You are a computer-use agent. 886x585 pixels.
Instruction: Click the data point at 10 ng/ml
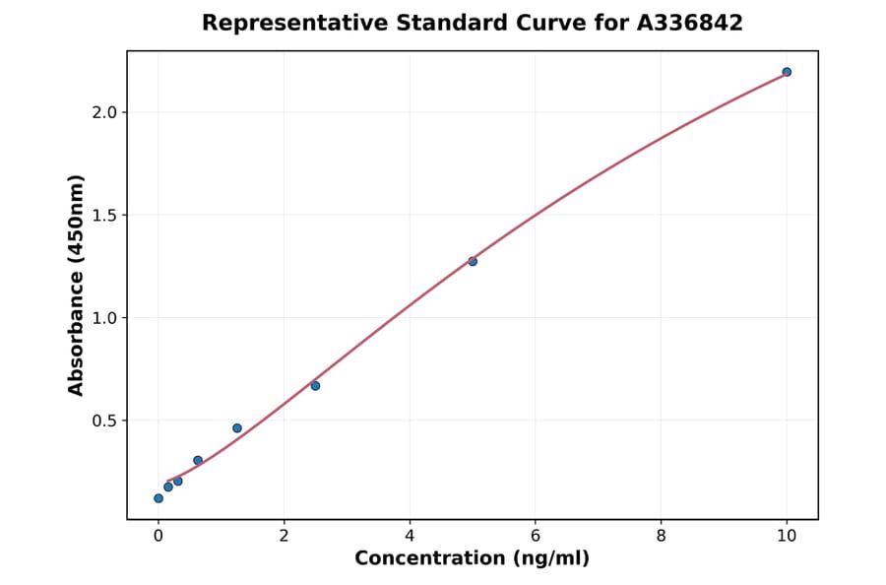click(787, 72)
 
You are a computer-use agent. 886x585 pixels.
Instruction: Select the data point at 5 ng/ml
click(473, 261)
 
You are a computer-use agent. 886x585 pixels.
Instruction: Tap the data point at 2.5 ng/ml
click(315, 385)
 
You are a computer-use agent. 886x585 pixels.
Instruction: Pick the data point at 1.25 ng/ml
click(237, 428)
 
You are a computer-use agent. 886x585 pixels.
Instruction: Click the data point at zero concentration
click(158, 498)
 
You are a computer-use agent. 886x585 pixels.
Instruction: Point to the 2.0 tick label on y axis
click(104, 112)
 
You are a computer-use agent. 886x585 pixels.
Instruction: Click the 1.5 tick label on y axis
click(104, 215)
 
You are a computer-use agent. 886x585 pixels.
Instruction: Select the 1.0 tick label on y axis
click(104, 318)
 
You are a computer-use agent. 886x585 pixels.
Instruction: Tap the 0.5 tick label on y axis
click(104, 421)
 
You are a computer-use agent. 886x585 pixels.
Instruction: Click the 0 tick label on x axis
click(158, 536)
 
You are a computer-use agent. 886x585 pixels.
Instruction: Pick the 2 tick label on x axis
click(284, 536)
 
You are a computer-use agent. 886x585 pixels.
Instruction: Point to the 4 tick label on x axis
click(410, 536)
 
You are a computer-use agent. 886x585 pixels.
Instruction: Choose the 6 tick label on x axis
click(536, 536)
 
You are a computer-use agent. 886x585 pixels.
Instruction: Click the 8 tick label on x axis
click(661, 536)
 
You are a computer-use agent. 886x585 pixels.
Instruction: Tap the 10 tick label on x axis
click(787, 536)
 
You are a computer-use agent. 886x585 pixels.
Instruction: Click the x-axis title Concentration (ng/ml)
click(472, 558)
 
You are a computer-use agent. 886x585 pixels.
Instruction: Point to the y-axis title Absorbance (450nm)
click(77, 285)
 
